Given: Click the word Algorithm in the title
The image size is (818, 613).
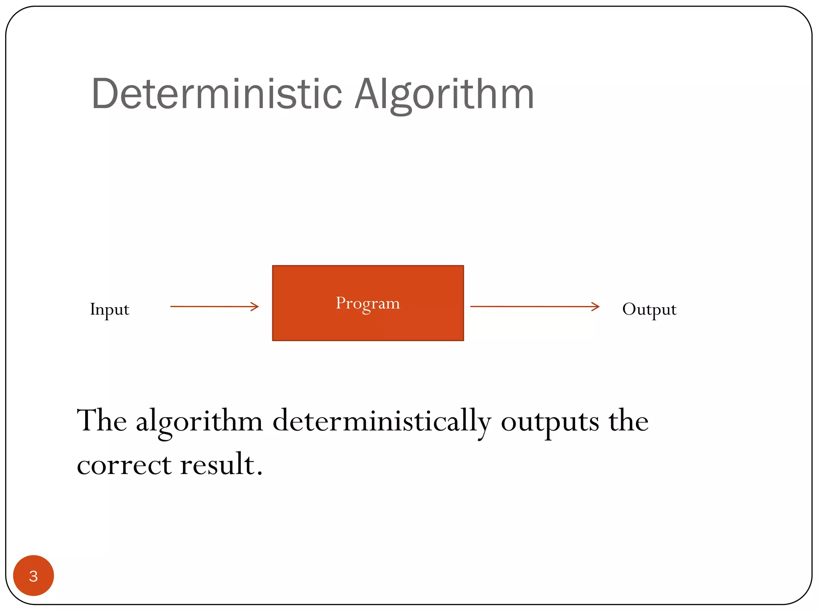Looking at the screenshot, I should coord(444,94).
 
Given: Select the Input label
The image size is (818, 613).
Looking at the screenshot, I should coord(109,309).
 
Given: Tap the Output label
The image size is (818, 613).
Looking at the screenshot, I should coord(649,309).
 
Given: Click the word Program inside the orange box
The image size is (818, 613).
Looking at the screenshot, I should coord(367,303).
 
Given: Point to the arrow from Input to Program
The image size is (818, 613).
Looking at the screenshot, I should coord(212,306).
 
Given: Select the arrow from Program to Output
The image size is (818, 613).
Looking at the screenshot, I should coord(531,306).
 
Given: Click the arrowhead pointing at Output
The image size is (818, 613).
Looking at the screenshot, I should coord(596,306).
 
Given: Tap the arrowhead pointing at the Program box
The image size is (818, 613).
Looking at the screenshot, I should coord(255,306).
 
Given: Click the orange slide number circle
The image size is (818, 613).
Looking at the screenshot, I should coord(34,575).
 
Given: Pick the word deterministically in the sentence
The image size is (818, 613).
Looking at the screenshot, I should coord(381,421).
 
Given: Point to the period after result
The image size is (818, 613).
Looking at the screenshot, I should coord(260,473).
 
